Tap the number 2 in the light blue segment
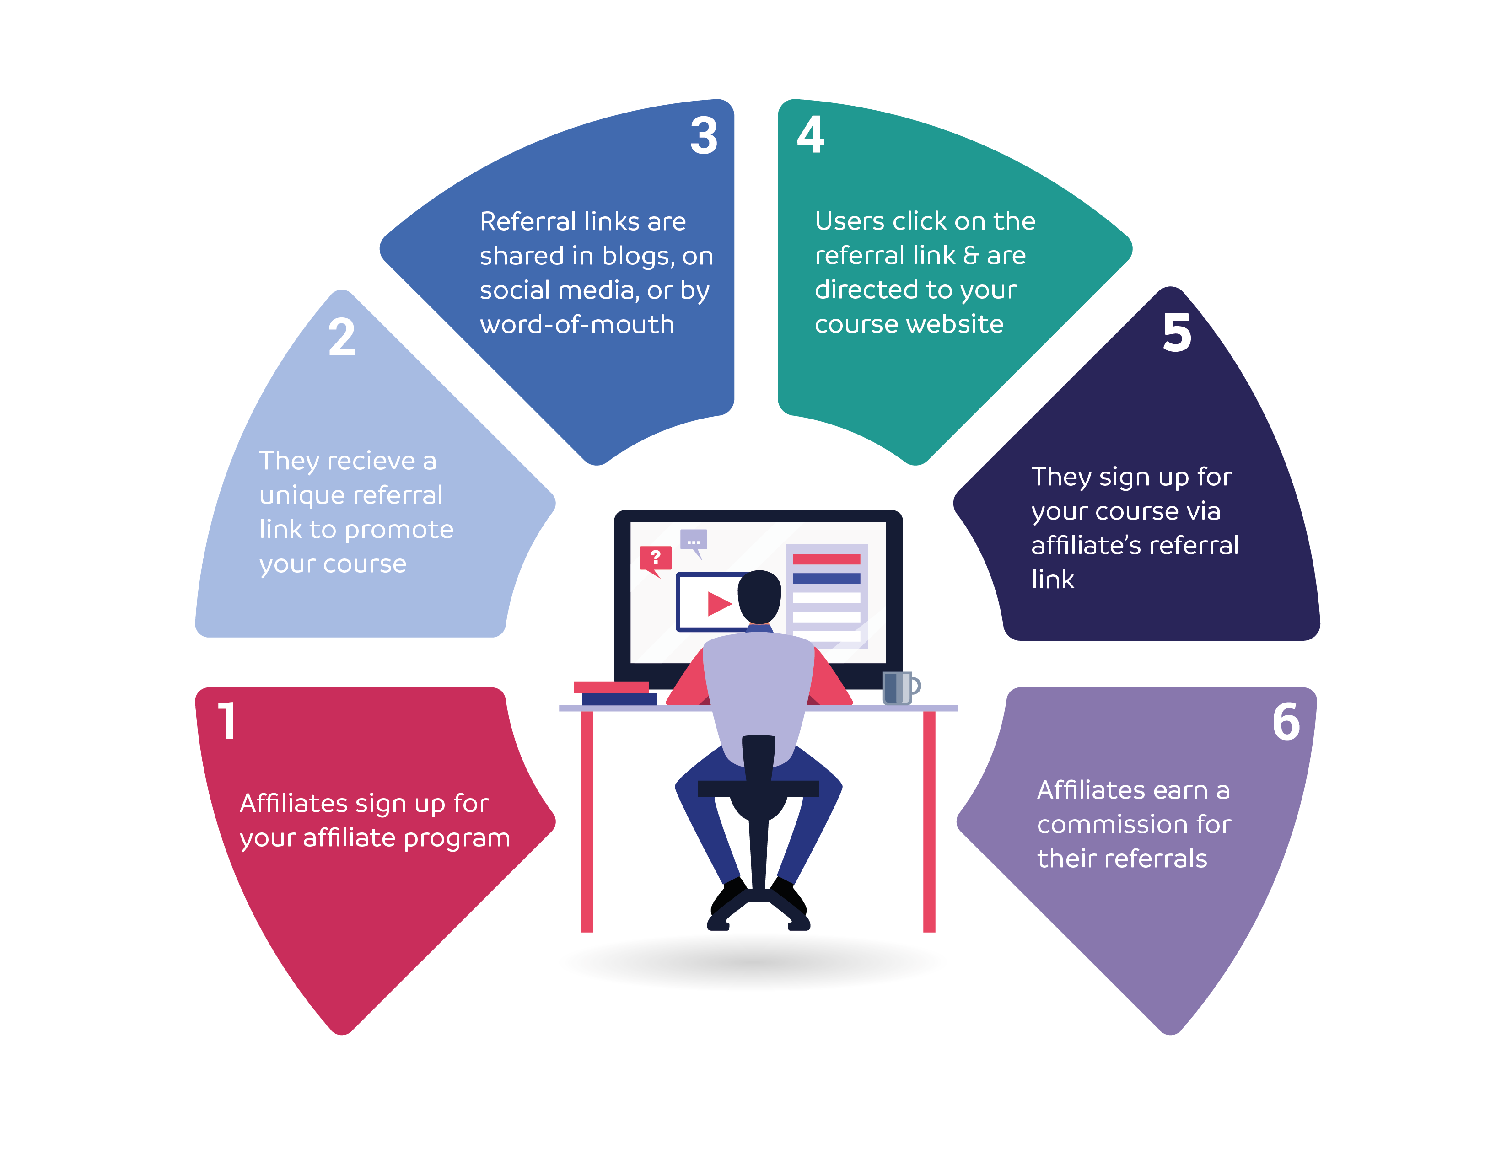coord(342,337)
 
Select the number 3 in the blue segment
coord(704,136)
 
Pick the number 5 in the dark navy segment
coord(1177,333)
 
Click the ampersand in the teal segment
coord(971,256)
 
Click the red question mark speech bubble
coord(655,558)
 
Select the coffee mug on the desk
coord(899,688)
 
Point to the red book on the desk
coord(611,687)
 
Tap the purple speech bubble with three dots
coord(693,541)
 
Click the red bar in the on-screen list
coord(826,559)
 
